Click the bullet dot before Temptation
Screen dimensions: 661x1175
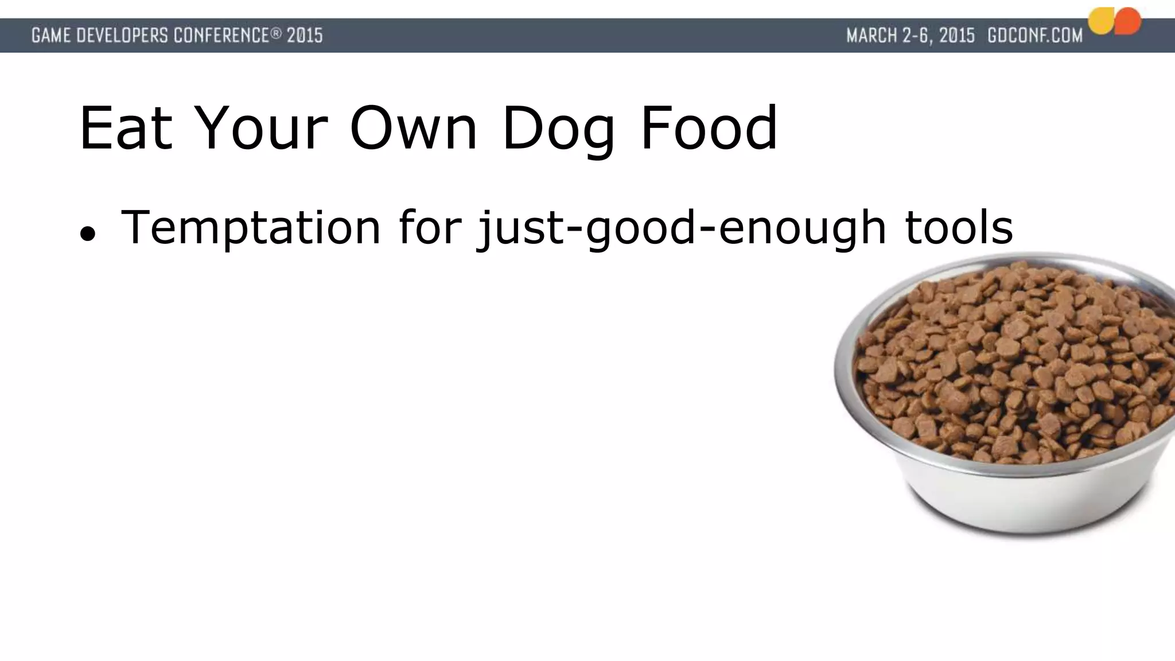pos(87,234)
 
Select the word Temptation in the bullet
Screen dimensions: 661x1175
pos(251,228)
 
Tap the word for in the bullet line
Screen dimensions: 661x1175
pos(430,228)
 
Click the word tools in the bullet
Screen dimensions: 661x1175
pos(959,228)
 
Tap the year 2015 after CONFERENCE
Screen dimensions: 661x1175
pos(305,36)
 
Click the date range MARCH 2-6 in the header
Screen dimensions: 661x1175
pos(910,36)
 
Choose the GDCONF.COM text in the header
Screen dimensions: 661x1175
pos(1035,36)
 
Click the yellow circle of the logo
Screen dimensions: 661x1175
pos(1100,22)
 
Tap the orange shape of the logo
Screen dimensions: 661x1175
pos(1127,21)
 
